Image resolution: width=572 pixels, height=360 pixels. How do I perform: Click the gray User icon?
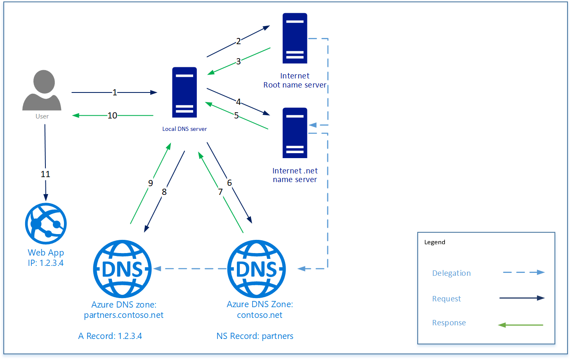42,90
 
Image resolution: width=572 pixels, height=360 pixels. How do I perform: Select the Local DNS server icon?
184,92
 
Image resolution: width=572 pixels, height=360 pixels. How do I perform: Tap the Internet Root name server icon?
295,38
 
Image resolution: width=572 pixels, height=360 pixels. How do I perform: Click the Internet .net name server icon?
295,133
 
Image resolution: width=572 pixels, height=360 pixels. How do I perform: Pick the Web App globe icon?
46,224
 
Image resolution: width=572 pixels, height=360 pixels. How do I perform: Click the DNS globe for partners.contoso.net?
123,269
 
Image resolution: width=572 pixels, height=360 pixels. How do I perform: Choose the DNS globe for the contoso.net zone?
257,269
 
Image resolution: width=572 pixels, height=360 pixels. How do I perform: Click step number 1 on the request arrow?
115,92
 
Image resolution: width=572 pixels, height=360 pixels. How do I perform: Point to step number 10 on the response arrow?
112,116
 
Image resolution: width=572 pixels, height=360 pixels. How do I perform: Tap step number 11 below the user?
45,174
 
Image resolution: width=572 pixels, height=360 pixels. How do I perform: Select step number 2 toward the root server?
238,41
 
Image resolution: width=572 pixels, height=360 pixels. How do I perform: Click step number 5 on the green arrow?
236,116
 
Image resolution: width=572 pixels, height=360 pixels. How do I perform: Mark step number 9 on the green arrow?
151,183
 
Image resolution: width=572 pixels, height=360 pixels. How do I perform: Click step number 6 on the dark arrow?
229,182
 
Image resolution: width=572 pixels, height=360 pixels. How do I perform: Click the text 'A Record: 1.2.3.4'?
110,336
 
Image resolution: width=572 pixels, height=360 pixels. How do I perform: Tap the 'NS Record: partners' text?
255,336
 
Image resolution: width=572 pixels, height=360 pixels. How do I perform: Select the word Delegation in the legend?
451,273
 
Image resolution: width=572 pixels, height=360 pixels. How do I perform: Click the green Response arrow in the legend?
521,325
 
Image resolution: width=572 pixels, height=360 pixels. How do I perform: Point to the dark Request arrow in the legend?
522,298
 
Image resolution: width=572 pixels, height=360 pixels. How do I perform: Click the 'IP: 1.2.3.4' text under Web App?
46,263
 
